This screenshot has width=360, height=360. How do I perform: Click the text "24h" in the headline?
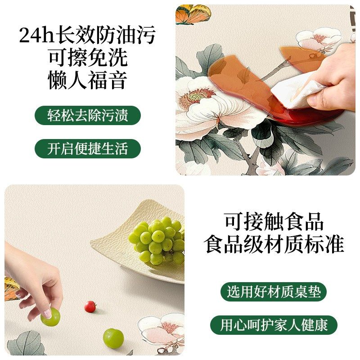[36, 35]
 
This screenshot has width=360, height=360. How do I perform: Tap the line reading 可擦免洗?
[88, 58]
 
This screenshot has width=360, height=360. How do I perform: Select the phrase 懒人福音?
[88, 80]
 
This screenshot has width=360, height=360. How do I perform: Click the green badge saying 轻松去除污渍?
[88, 115]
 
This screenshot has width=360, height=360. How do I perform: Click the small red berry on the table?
[90, 306]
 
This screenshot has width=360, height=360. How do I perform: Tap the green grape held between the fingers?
[50, 317]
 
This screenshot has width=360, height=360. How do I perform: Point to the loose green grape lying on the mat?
[113, 337]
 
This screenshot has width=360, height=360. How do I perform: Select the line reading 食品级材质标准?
[274, 244]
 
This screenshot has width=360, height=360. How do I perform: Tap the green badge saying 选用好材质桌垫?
[274, 292]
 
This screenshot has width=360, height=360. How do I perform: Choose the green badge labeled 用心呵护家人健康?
[274, 325]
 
